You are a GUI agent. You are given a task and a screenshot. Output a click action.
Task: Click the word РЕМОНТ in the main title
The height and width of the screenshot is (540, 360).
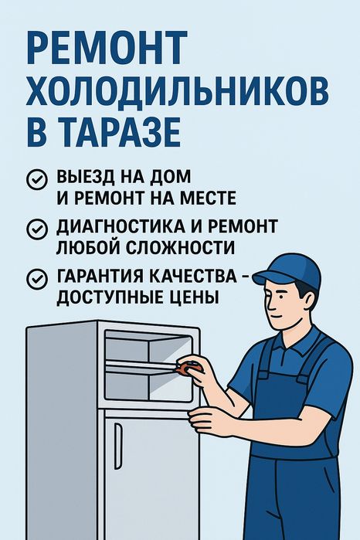pos(107,47)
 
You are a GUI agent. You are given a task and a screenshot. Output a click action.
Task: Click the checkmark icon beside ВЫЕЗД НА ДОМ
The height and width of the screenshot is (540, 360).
pos(37,179)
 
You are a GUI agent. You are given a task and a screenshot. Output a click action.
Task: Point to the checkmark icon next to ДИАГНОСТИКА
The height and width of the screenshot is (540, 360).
pos(37,229)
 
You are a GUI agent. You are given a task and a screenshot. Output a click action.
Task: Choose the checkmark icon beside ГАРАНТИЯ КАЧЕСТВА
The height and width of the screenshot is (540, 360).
pos(37,279)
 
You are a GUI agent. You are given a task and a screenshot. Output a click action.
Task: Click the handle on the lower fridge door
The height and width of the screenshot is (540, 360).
pos(118,446)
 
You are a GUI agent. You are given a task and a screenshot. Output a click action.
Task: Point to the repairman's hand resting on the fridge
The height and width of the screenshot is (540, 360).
pos(207,419)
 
